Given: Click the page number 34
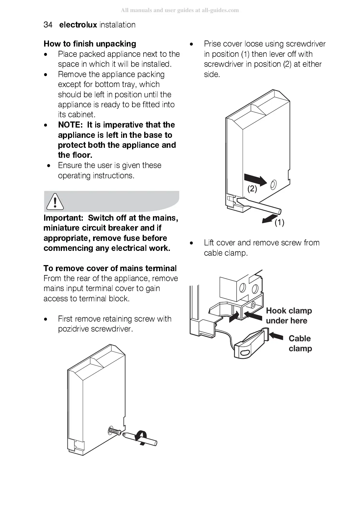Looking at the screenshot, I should pyautogui.click(x=48, y=25).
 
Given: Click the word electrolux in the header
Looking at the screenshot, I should pyautogui.click(x=78, y=25).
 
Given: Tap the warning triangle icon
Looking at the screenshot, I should pyautogui.click(x=55, y=201).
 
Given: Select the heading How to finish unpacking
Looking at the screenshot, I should pyautogui.click(x=90, y=44).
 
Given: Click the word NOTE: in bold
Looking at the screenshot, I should pyautogui.click(x=70, y=125).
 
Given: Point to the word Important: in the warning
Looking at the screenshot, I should pyautogui.click(x=63, y=218).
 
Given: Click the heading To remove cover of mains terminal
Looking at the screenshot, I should pyautogui.click(x=110, y=268).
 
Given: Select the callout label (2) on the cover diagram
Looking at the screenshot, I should pyautogui.click(x=252, y=189).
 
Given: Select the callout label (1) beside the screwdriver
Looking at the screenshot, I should pyautogui.click(x=279, y=223).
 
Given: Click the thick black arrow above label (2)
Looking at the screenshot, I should pyautogui.click(x=255, y=179).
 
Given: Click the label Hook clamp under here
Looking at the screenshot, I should pyautogui.click(x=289, y=316).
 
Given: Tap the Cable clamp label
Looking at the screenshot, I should pyautogui.click(x=300, y=343).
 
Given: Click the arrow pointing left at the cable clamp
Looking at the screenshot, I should pyautogui.click(x=276, y=336).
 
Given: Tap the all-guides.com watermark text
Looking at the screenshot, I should pyautogui.click(x=180, y=10).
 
